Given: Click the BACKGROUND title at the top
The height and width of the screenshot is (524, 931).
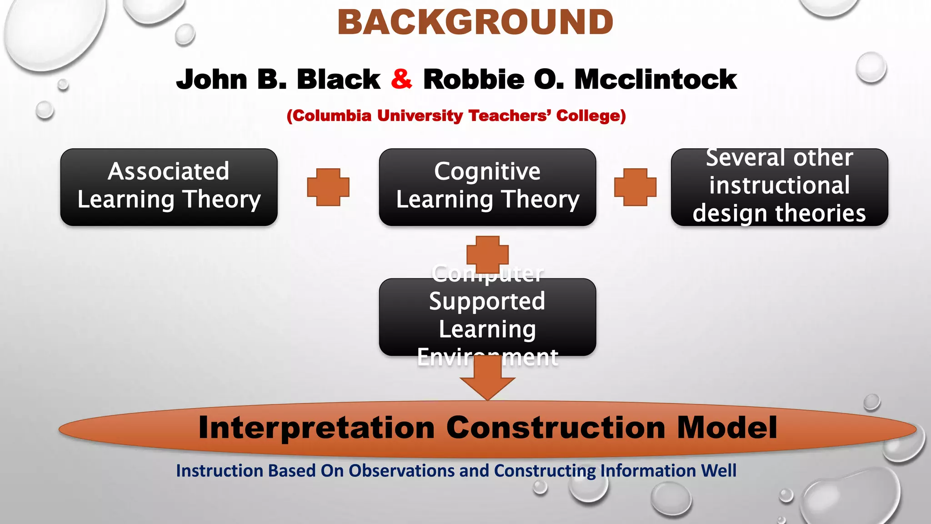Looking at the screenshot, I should pyautogui.click(x=475, y=22).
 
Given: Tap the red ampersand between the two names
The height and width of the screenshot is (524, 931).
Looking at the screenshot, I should pyautogui.click(x=401, y=79).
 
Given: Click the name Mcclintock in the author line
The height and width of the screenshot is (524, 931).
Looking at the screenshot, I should pyautogui.click(x=655, y=80).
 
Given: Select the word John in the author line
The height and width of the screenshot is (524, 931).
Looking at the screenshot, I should pyautogui.click(x=212, y=80).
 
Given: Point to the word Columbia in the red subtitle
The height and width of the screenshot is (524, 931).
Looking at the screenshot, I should pyautogui.click(x=329, y=116).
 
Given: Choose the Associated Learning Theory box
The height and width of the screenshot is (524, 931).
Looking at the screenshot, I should pyautogui.click(x=169, y=187).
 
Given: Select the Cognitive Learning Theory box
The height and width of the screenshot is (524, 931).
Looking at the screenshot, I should pyautogui.click(x=487, y=187).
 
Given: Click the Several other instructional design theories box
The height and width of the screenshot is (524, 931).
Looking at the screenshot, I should pyautogui.click(x=779, y=187).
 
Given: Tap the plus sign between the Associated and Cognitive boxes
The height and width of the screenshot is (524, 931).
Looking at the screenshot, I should pyautogui.click(x=328, y=187).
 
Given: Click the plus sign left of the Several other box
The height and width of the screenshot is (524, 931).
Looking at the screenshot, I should pyautogui.click(x=635, y=187).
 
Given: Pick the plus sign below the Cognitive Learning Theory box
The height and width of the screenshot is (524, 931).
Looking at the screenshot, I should pyautogui.click(x=487, y=254).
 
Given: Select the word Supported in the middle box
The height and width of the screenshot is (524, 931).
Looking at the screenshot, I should pyautogui.click(x=487, y=302).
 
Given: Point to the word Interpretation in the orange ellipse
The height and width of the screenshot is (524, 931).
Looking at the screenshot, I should pyautogui.click(x=317, y=428).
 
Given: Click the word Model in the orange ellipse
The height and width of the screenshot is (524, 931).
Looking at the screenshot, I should pyautogui.click(x=727, y=428).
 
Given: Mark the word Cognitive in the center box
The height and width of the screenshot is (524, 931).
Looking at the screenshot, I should pyautogui.click(x=487, y=171).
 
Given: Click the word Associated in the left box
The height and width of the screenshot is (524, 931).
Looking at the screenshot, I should pyautogui.click(x=169, y=171).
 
